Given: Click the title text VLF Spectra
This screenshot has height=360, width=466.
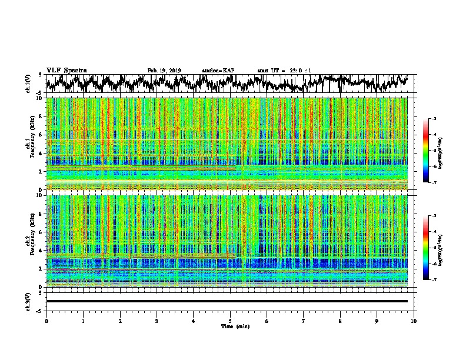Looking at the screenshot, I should click(66, 70).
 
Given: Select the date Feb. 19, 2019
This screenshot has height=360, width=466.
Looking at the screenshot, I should click(164, 71).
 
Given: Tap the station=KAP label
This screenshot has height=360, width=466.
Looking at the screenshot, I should click(218, 71).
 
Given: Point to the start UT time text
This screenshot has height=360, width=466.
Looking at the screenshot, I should click(284, 71).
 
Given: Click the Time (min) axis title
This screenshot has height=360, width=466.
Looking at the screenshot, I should click(234, 326).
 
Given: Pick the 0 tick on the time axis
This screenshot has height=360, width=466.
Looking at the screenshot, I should click(46, 320).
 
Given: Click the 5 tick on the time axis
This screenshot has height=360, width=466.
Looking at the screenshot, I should click(230, 320).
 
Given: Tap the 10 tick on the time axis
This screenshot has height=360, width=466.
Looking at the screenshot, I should click(414, 320).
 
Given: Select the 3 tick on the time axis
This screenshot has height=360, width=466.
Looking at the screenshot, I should click(157, 320).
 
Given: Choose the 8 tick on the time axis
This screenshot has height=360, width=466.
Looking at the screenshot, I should click(340, 320).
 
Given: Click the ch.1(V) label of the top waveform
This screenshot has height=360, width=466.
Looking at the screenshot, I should click(28, 84).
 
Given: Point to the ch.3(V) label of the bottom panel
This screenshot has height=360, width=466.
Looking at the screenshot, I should click(28, 301).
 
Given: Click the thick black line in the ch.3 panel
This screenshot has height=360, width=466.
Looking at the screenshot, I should click(227, 301).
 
